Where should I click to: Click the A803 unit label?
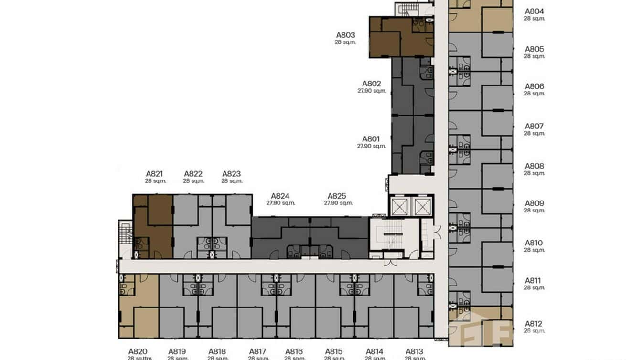[x=345, y=35]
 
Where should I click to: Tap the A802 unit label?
[x=372, y=84]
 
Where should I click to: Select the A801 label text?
[x=371, y=139]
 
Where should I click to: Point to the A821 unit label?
[x=155, y=174]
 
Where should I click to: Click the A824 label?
[x=280, y=196]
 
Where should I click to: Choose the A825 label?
[x=337, y=196]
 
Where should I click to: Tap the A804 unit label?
[x=534, y=11]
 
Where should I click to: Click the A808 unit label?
[x=534, y=166]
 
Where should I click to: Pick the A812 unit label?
[x=534, y=324]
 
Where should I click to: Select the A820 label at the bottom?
[x=138, y=351]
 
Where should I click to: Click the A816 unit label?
[x=294, y=351]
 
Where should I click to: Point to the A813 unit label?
[x=414, y=351]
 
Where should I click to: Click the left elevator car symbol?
[x=399, y=207]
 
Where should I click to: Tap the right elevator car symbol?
[x=423, y=207]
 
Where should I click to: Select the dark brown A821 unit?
[x=153, y=227]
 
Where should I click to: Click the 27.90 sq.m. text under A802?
[x=372, y=91]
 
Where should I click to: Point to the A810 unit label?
[x=534, y=243]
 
